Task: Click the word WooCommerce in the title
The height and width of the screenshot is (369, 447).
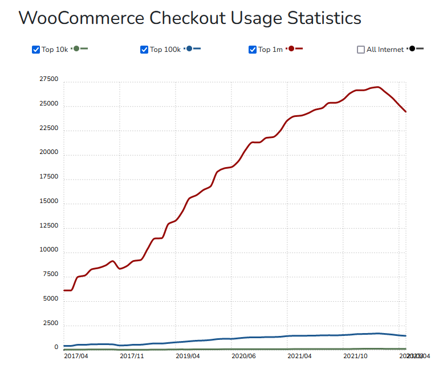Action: [81, 18]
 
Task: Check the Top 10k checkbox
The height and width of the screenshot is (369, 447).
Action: [36, 50]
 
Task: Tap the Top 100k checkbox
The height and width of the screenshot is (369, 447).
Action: [144, 50]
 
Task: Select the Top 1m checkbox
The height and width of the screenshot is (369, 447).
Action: [253, 50]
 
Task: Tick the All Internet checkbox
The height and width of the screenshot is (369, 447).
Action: [361, 50]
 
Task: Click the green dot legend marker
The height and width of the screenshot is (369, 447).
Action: [76, 49]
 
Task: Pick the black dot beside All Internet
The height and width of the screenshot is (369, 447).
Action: [412, 49]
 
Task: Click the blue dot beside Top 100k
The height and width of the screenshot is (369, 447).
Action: [189, 49]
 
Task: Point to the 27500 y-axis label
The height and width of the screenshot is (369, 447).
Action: [48, 79]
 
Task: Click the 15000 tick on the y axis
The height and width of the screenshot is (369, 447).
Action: [48, 201]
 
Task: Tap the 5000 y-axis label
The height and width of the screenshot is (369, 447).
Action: [50, 298]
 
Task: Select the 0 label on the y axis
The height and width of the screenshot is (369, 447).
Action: [56, 347]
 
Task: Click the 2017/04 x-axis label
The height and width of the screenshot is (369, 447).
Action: [76, 356]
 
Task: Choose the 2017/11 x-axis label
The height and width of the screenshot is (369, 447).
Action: [132, 356]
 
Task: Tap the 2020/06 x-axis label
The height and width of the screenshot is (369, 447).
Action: [244, 356]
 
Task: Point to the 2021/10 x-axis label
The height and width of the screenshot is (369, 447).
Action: [356, 356]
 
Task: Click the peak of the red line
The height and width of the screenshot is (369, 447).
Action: [377, 87]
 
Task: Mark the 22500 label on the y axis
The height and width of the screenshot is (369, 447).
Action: [48, 128]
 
